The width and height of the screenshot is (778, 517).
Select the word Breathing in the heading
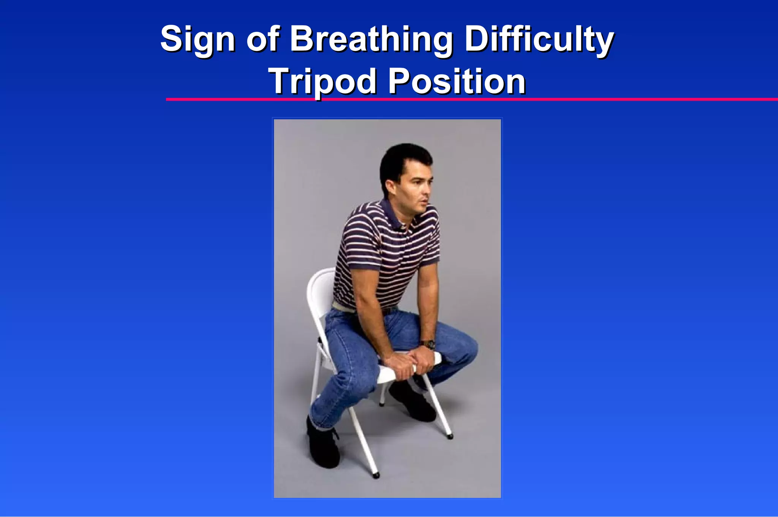click(x=372, y=40)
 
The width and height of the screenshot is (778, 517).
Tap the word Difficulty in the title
click(x=539, y=40)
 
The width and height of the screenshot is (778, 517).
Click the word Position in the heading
click(x=457, y=81)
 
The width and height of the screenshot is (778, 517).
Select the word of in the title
click(x=263, y=40)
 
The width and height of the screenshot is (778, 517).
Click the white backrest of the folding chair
click(x=321, y=293)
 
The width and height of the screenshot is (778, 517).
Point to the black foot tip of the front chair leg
click(x=376, y=475)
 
